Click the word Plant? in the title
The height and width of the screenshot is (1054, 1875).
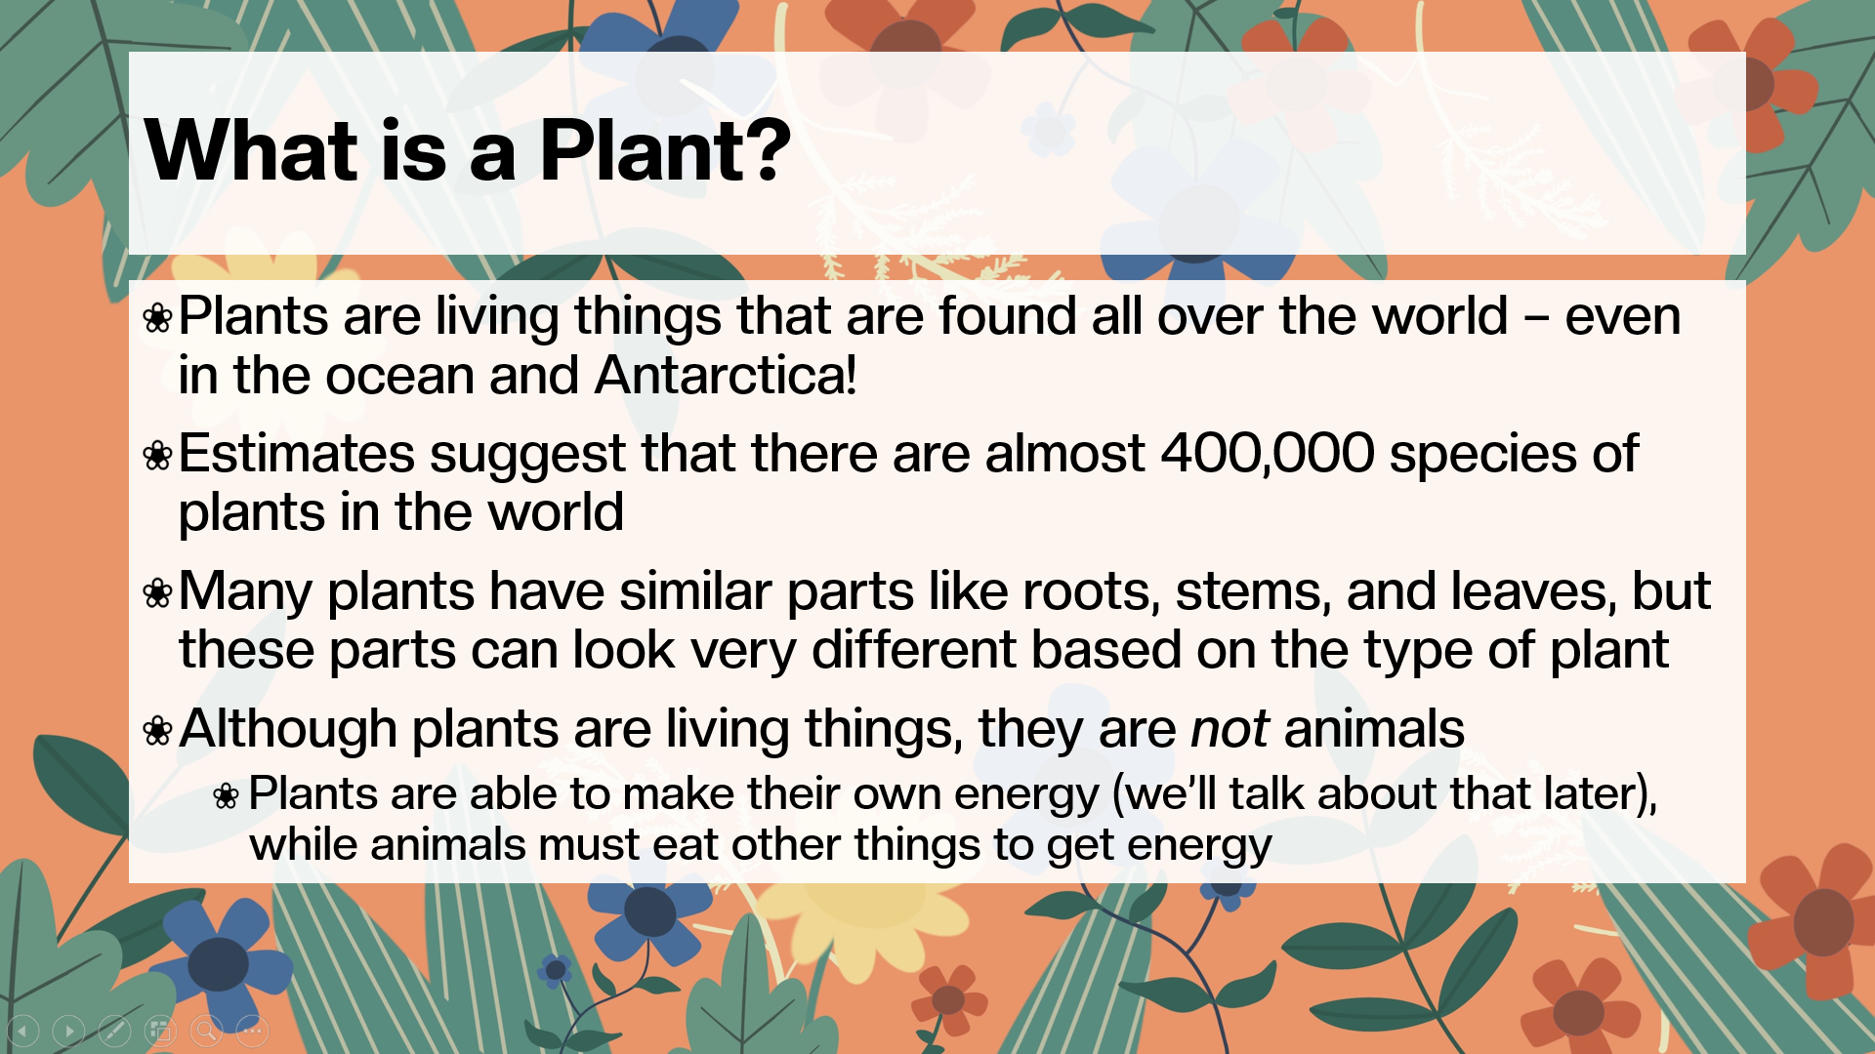point(664,151)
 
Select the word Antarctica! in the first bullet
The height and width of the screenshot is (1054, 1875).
point(726,376)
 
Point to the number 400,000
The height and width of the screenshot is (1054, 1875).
point(1268,454)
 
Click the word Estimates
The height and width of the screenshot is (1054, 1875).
point(296,454)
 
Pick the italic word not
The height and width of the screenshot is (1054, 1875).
point(1229,729)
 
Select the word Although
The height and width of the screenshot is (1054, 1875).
point(287,729)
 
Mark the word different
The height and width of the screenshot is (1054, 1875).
point(913,650)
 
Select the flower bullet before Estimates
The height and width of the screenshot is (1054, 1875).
point(157,456)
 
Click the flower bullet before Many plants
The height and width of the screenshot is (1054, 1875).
point(157,593)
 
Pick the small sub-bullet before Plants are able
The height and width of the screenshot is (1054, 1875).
point(226,796)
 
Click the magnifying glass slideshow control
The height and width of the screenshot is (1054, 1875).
point(206,1030)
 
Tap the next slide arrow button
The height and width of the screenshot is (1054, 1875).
point(68,1030)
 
